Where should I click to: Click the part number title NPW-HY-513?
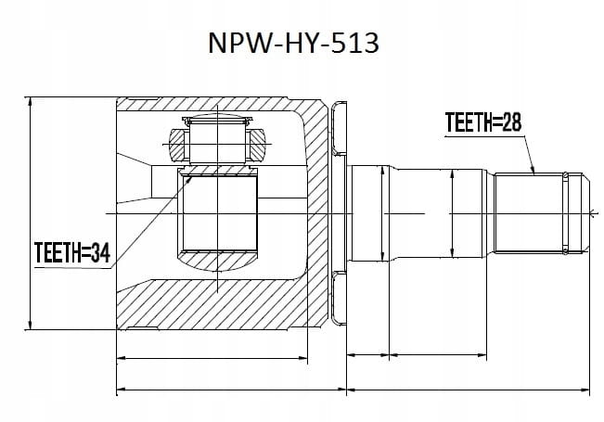click(293, 43)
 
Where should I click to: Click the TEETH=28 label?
click(483, 122)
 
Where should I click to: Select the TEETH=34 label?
click(72, 252)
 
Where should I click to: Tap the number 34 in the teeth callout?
click(100, 252)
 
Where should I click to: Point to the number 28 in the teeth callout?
click(511, 122)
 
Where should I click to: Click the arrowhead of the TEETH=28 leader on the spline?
click(533, 170)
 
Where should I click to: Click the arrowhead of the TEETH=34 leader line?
click(189, 180)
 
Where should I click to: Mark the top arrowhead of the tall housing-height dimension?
click(30, 102)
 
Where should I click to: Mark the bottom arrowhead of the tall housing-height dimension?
click(30, 325)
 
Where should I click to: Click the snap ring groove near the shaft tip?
click(565, 213)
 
